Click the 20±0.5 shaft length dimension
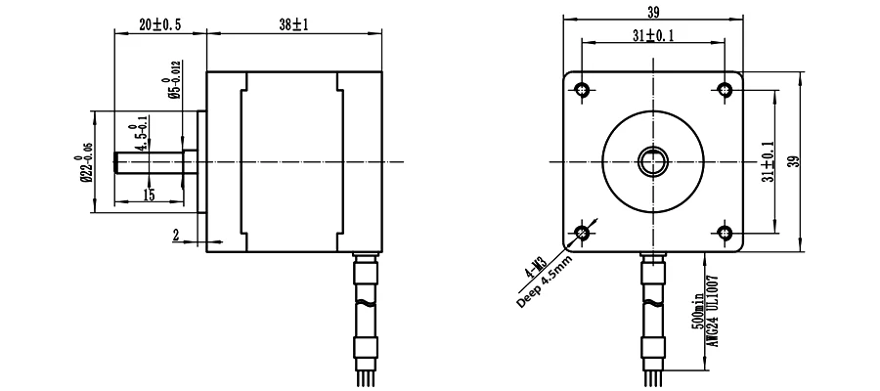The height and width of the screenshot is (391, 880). [160, 24]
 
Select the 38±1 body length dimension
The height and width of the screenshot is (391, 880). [294, 24]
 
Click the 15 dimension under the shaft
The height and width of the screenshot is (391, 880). [149, 195]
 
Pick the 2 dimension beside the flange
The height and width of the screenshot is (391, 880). [176, 237]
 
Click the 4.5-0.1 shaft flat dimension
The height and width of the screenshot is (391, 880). [140, 133]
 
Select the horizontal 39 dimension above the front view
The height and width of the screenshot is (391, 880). [653, 11]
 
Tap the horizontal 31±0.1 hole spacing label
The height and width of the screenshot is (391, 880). [653, 36]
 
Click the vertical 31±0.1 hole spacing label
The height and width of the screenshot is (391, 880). [768, 161]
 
